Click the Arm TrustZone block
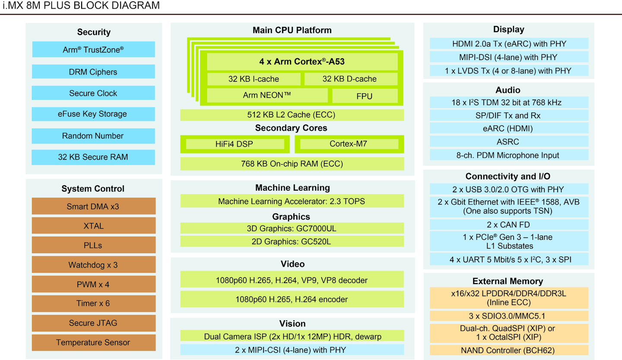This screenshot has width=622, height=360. (93, 50)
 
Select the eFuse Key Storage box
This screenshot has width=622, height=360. (93, 114)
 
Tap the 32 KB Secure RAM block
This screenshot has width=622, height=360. (93, 157)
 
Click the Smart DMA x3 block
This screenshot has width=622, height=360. (93, 207)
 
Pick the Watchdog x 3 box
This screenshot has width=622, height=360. (93, 265)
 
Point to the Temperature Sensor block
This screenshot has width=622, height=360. (93, 343)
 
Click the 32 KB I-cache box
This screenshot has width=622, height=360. (254, 79)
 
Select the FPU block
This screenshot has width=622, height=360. (364, 96)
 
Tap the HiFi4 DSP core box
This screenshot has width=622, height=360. (235, 144)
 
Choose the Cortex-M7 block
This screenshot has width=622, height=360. (349, 144)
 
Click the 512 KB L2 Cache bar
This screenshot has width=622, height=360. (292, 115)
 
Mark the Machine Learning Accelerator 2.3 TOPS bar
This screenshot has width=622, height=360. (292, 201)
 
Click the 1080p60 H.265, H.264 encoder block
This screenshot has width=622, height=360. (292, 299)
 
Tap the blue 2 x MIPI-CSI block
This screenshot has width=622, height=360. (292, 350)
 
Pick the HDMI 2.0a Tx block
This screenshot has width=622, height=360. (509, 44)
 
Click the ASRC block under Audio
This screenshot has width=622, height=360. (509, 142)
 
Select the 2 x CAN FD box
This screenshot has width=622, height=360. (509, 225)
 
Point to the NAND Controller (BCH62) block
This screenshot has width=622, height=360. (509, 350)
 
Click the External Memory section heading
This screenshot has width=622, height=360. (509, 281)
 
